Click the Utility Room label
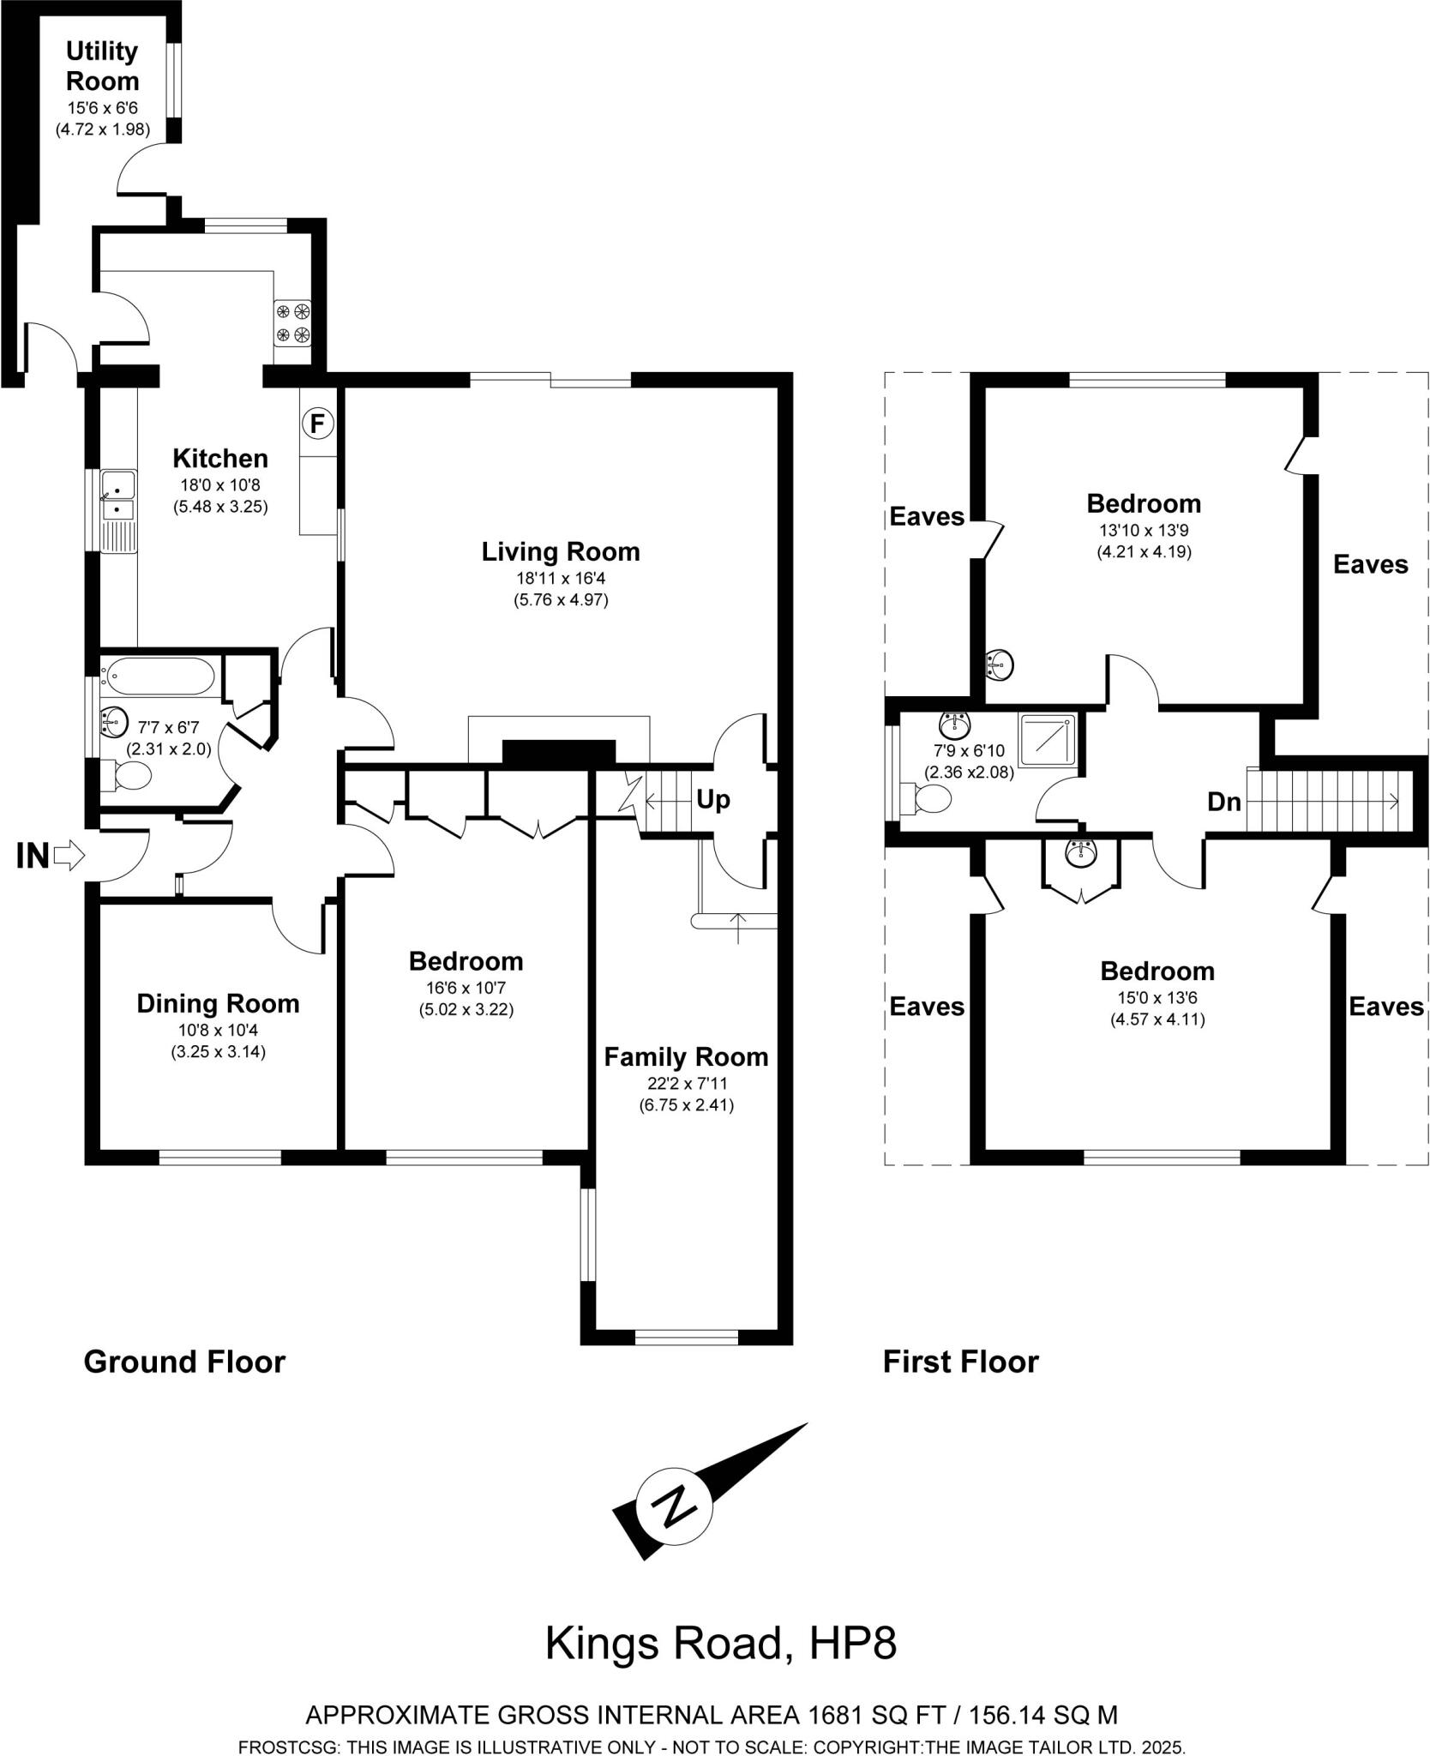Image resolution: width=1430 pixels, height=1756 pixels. click(x=103, y=67)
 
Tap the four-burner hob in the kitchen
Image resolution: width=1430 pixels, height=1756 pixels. click(x=292, y=323)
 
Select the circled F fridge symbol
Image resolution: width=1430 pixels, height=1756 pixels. click(x=317, y=423)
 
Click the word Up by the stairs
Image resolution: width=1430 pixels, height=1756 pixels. click(x=712, y=800)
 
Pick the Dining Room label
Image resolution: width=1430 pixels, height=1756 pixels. click(x=218, y=1003)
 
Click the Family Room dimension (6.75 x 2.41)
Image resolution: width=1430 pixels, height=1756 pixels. click(x=686, y=1105)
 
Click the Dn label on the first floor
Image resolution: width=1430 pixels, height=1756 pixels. click(x=1223, y=802)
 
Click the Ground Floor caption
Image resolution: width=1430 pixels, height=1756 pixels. click(x=184, y=1362)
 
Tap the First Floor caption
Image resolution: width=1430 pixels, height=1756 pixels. click(x=960, y=1362)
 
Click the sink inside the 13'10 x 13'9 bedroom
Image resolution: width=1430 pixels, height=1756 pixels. click(x=999, y=664)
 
